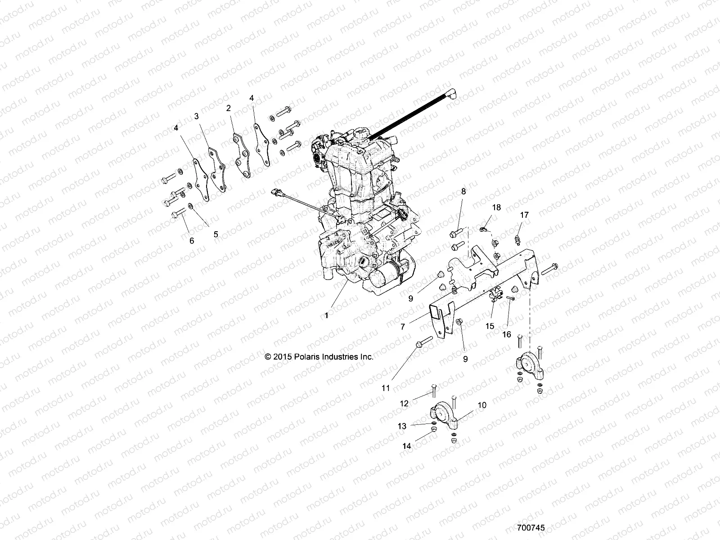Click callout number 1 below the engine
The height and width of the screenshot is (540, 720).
(327, 315)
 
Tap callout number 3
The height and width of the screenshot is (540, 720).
(196, 116)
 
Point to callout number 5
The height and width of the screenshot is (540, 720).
(216, 234)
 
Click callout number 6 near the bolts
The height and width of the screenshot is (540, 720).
(192, 241)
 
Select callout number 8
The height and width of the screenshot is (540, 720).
(463, 191)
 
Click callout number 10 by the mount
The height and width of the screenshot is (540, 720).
(482, 405)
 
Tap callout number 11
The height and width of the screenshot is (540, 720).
(386, 388)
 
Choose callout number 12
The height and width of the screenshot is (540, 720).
(404, 404)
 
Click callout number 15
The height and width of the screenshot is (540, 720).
(490, 326)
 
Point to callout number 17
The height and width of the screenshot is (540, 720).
(524, 215)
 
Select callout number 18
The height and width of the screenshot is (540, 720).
(496, 207)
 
